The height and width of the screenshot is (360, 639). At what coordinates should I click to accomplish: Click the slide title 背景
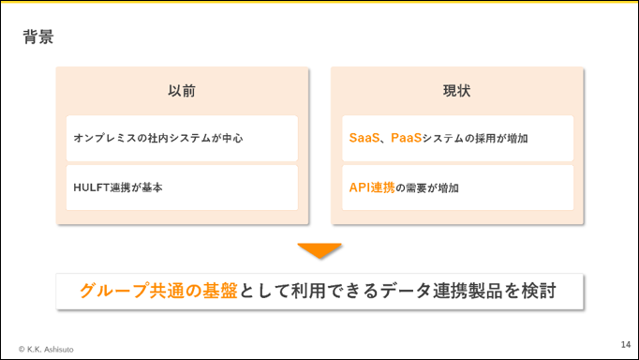point(38,37)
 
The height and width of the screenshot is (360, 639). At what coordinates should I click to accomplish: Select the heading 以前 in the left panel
point(182,91)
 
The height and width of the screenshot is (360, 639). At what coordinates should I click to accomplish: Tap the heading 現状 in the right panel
point(457,91)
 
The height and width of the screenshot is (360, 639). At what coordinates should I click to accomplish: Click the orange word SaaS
point(364,138)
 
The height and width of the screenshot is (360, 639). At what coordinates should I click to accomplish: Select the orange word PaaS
point(406,138)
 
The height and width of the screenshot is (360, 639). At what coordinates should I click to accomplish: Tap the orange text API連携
point(372,187)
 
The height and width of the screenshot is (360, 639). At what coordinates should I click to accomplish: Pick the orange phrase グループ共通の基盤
point(158,292)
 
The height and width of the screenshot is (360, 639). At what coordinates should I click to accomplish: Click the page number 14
point(626,344)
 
